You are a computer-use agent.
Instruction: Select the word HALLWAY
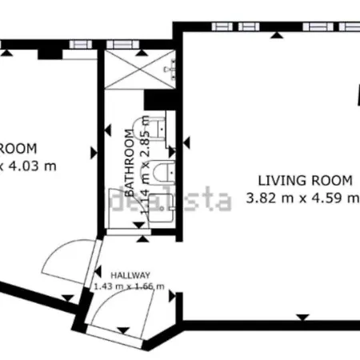pos(130,273)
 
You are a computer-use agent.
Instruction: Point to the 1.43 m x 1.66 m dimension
pos(129,286)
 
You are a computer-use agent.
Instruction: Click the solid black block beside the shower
pos(154,101)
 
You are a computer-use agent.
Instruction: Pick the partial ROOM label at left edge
pos(18,148)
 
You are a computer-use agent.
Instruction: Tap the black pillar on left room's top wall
pos(45,53)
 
